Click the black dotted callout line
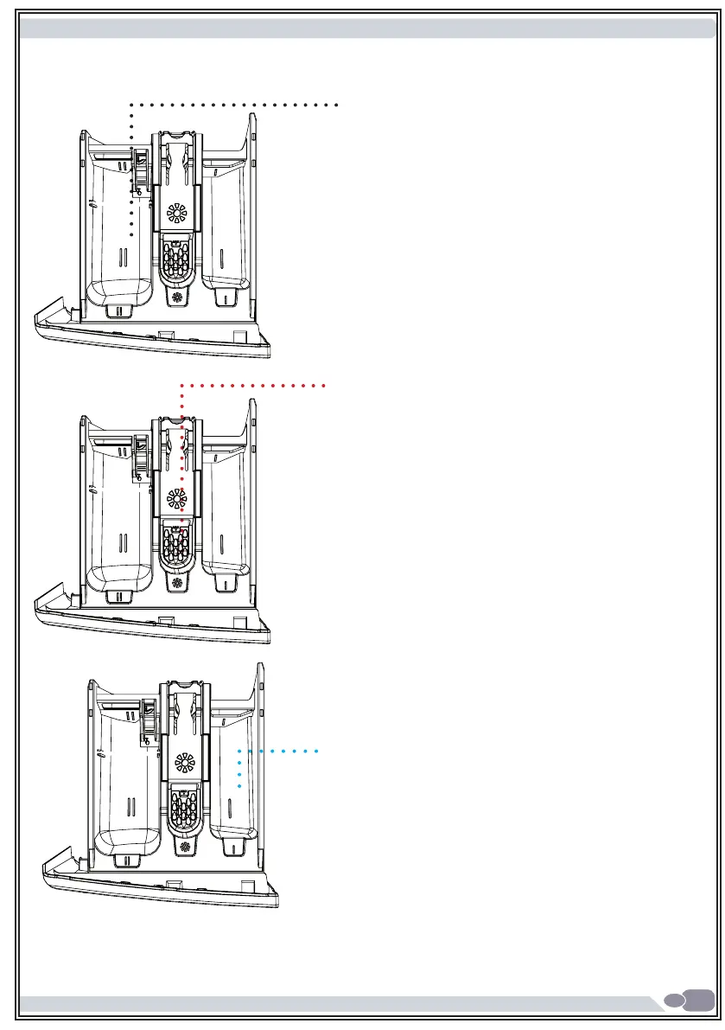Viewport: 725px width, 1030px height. coord(233,104)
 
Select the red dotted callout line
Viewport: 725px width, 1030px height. coord(251,384)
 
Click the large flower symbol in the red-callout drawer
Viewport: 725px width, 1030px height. coord(175,497)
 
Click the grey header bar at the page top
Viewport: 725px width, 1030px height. coord(363,29)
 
